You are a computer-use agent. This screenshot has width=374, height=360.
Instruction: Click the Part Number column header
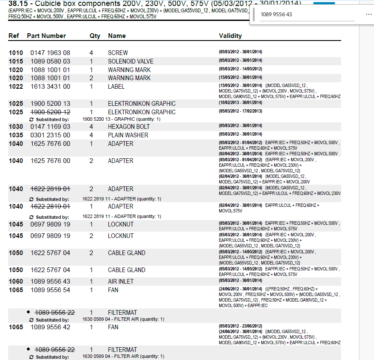click(46, 36)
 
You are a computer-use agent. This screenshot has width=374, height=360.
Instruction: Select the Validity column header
click(230, 36)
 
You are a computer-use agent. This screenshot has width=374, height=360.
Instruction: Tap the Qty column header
click(95, 36)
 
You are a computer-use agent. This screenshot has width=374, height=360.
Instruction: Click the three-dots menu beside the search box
click(369, 14)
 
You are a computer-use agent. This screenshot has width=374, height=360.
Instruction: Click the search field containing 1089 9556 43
click(307, 15)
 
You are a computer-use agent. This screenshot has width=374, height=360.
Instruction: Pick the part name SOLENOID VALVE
click(130, 61)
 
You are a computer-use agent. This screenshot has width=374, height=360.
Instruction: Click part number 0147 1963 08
click(50, 53)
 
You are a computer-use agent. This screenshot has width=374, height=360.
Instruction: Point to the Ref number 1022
click(16, 87)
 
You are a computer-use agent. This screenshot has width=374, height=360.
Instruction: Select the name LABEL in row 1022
click(116, 87)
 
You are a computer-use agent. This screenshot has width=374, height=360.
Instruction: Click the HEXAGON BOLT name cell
click(129, 127)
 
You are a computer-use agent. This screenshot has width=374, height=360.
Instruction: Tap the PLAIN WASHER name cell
click(128, 135)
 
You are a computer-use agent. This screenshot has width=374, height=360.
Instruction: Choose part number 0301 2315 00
click(50, 135)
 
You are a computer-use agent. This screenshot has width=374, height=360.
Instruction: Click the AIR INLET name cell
click(121, 282)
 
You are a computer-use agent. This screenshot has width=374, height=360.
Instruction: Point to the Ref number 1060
click(16, 282)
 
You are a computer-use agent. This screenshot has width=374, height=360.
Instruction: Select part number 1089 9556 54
click(50, 290)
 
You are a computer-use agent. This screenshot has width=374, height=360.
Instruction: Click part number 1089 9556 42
click(50, 327)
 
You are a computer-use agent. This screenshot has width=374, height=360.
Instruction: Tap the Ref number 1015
click(16, 61)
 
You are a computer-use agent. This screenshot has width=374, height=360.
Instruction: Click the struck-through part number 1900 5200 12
click(50, 112)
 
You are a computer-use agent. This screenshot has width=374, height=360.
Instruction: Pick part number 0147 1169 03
click(50, 127)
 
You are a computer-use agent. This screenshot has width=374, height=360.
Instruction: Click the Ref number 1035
click(16, 135)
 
